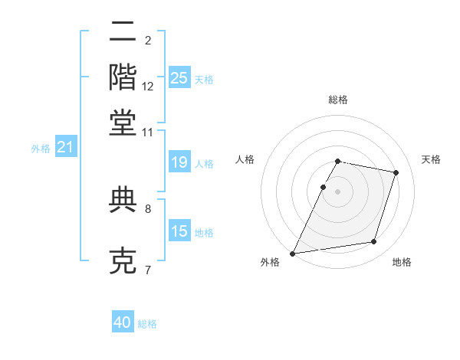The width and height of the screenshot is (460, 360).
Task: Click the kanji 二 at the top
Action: pos(123,33)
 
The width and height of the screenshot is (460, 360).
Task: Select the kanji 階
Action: pos(123,77)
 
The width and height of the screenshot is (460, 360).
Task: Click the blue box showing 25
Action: pos(179,78)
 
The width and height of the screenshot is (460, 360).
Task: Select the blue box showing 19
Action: pos(179,163)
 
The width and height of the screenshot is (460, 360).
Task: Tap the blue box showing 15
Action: pos(179,231)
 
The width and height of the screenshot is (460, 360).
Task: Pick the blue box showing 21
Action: pos(65,148)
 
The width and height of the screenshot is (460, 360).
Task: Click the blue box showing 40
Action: pos(123,322)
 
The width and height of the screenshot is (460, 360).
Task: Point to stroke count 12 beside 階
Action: pos(148,87)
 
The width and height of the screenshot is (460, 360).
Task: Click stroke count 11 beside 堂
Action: pos(148,132)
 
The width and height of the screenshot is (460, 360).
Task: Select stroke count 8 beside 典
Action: pos(148,208)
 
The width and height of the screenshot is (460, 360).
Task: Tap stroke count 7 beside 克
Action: pos(148,269)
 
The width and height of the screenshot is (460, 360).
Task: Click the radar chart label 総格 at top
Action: pos(338,100)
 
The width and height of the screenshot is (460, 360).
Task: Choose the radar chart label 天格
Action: pos(432,159)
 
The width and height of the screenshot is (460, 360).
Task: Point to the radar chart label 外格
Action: pos(270,263)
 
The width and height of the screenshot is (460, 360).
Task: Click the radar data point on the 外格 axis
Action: pos(293,253)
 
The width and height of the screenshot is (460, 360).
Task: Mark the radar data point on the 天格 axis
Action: pos(396,172)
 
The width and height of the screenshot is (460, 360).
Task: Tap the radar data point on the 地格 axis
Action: pos(374,242)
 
